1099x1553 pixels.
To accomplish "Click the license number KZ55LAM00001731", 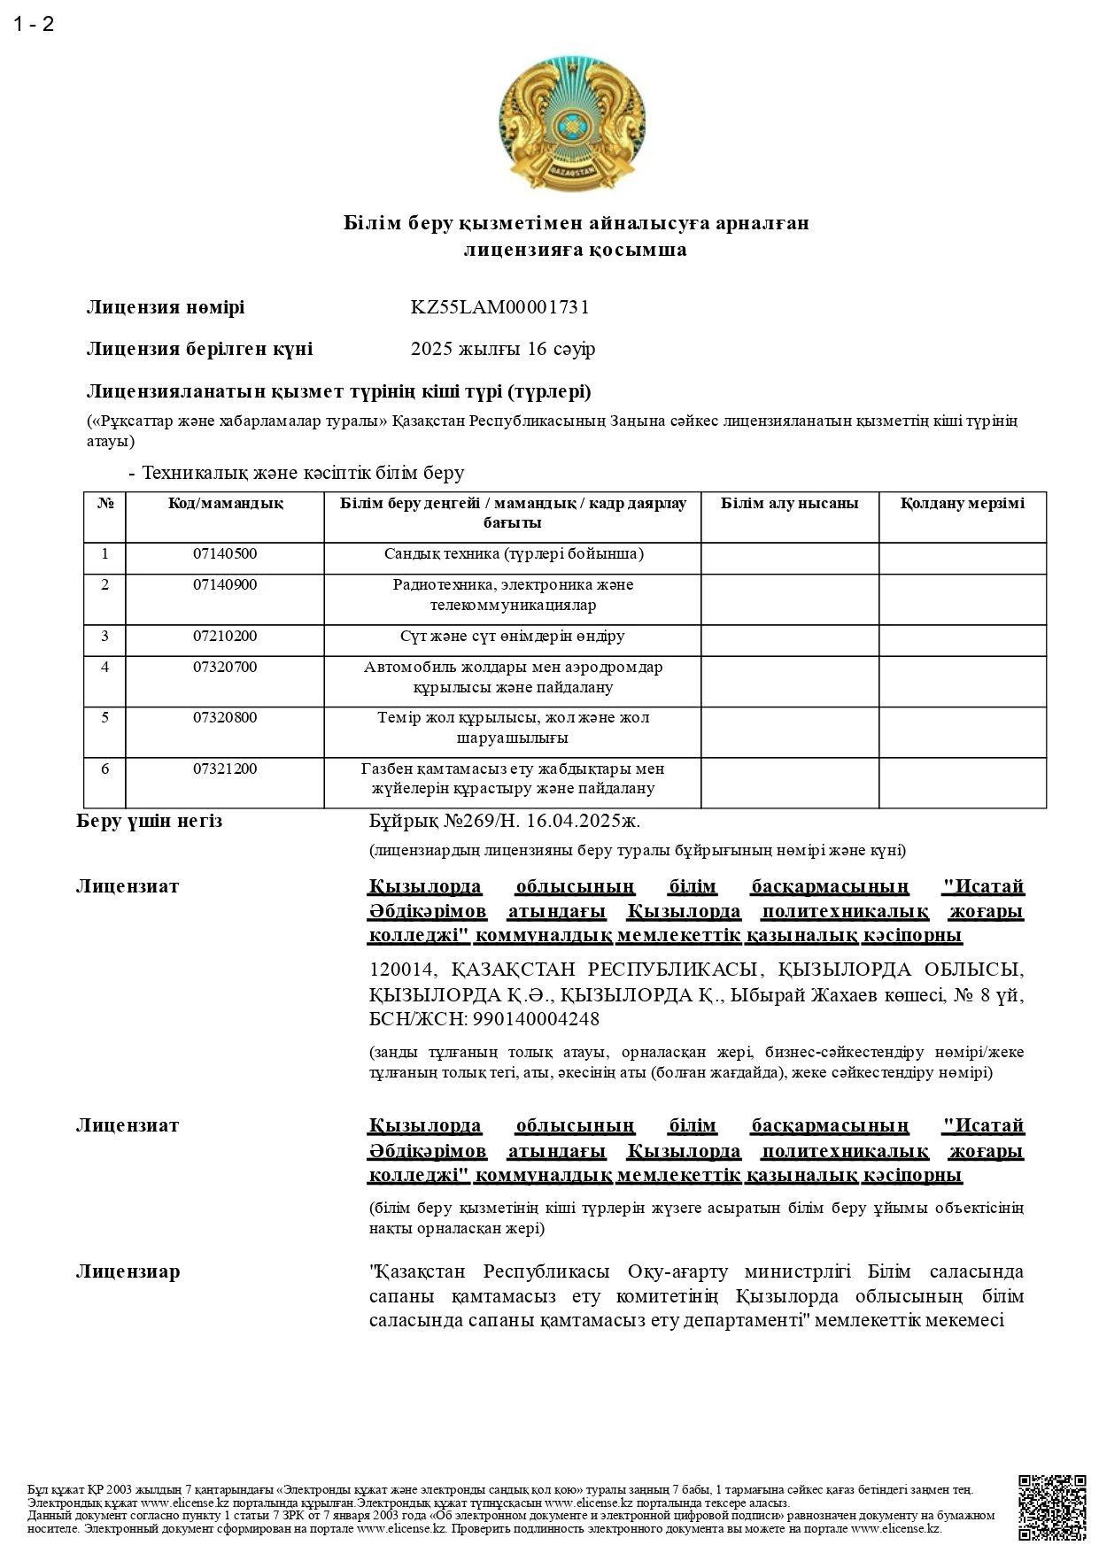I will pyautogui.click(x=499, y=307).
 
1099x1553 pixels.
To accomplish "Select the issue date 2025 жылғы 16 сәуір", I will pyautogui.click(x=502, y=349).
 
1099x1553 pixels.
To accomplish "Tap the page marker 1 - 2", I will pyautogui.click(x=34, y=25).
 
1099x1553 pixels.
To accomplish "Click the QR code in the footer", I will pyautogui.click(x=1052, y=1507).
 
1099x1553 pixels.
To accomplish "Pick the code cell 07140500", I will pyautogui.click(x=225, y=554).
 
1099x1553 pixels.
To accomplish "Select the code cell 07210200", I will pyautogui.click(x=225, y=637).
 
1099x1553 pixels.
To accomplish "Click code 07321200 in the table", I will pyautogui.click(x=225, y=769).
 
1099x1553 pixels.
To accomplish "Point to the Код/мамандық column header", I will pyautogui.click(x=225, y=504).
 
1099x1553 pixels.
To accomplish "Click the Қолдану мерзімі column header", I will pyautogui.click(x=962, y=504).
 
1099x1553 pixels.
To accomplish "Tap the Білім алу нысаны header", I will pyautogui.click(x=789, y=504).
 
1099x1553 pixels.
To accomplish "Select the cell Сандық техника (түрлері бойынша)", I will pyautogui.click(x=513, y=554).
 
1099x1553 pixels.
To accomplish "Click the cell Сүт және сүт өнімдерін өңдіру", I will pyautogui.click(x=512, y=637).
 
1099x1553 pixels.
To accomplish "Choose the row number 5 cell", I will pyautogui.click(x=105, y=718).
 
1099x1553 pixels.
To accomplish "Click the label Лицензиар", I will pyautogui.click(x=128, y=1272).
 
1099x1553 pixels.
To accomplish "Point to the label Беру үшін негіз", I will pyautogui.click(x=149, y=821).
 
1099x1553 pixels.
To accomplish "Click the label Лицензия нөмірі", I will pyautogui.click(x=165, y=307).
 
